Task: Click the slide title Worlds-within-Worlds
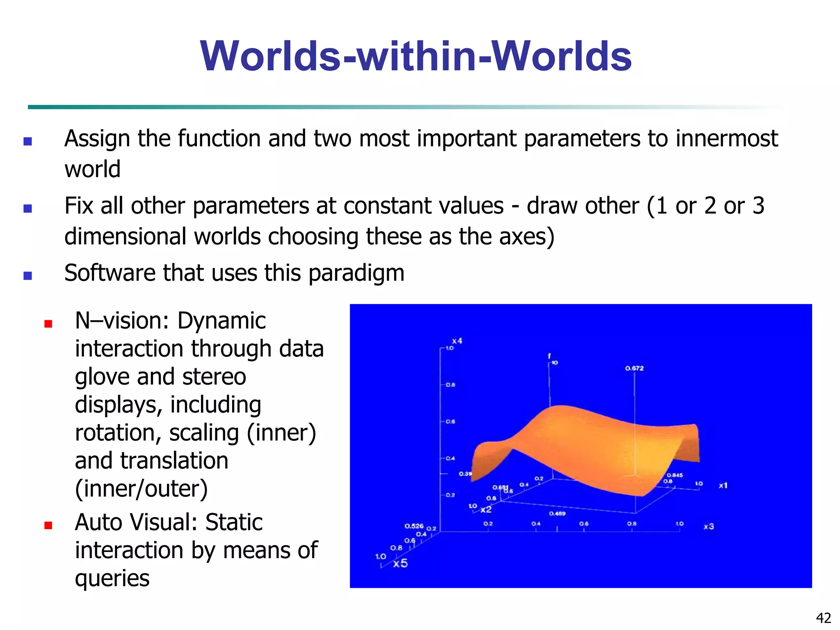(415, 56)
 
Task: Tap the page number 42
(823, 617)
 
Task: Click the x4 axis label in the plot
(457, 341)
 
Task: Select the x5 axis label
(400, 563)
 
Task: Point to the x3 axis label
(709, 526)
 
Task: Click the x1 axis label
(723, 486)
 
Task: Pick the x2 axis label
(486, 509)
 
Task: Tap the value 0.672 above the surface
(634, 368)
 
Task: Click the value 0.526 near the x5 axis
(413, 526)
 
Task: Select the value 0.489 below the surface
(557, 514)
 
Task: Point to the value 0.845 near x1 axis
(675, 475)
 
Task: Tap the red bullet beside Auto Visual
(48, 525)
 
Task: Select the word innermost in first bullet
(726, 138)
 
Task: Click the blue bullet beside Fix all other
(27, 208)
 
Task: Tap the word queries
(112, 578)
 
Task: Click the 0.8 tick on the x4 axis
(450, 385)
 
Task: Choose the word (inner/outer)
(141, 488)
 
